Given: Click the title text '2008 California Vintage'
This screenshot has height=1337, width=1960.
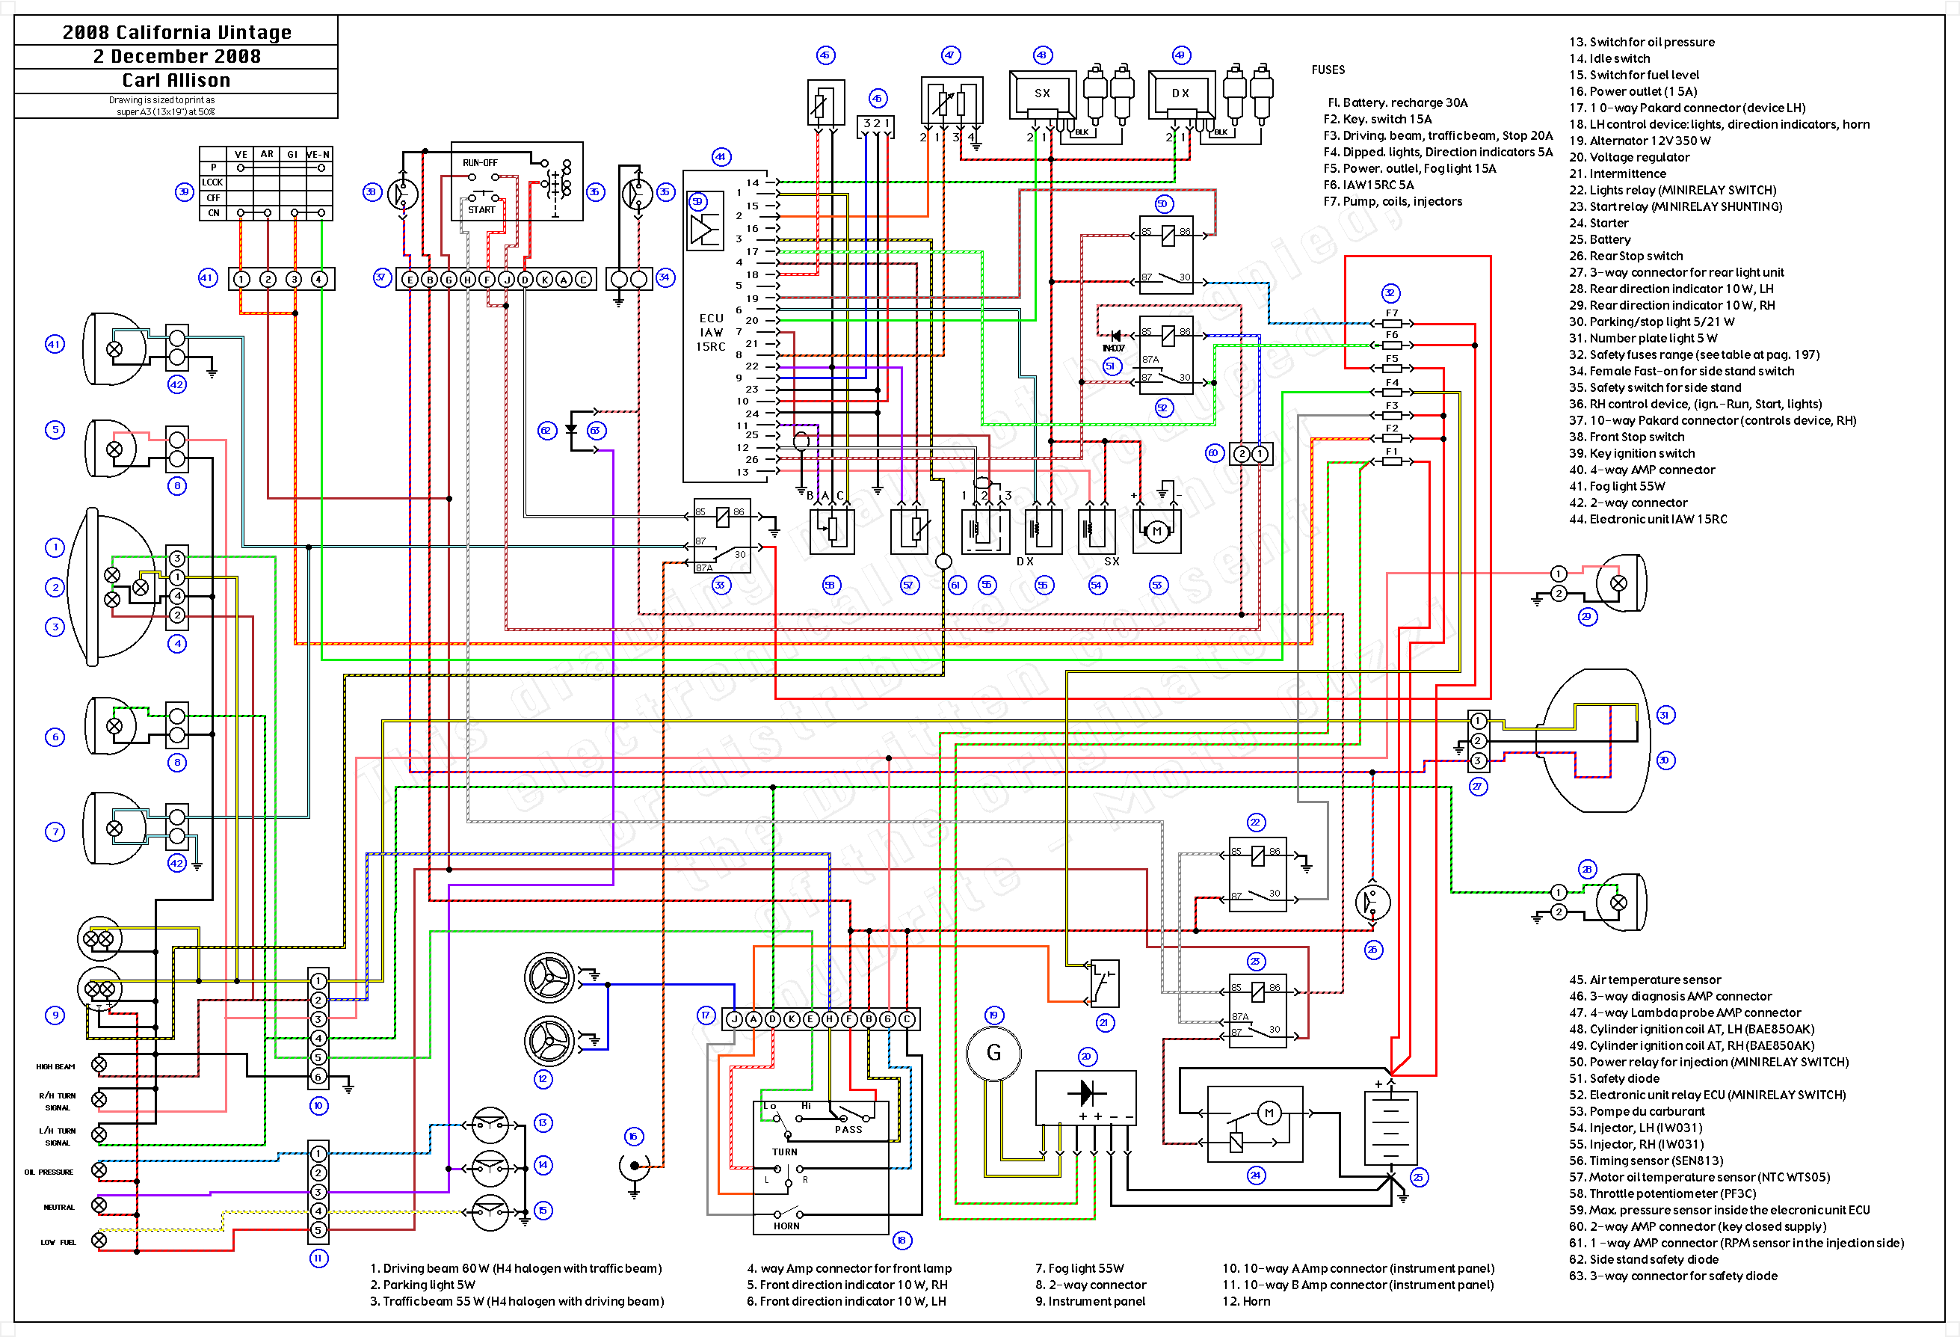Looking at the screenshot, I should (x=176, y=32).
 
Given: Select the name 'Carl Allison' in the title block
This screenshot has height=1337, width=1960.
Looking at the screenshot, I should (x=176, y=80).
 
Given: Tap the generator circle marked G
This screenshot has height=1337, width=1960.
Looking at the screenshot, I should (x=993, y=1053).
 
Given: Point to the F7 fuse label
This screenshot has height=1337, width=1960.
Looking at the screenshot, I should (x=1392, y=313).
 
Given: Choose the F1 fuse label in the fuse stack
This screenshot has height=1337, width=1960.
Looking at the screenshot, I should (x=1392, y=452).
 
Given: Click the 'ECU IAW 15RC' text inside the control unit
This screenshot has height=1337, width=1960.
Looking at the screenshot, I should (x=711, y=332).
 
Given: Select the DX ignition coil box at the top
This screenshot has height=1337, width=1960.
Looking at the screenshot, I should (x=1181, y=93).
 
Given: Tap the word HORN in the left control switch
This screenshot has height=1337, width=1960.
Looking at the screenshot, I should (x=786, y=1226).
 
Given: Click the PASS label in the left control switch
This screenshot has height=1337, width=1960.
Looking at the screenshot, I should (x=848, y=1129).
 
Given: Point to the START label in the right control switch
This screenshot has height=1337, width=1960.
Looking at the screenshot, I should (x=481, y=210).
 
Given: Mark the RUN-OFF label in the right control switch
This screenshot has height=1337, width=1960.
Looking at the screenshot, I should (x=480, y=163).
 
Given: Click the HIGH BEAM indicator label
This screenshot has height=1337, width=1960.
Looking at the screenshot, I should (x=55, y=1066).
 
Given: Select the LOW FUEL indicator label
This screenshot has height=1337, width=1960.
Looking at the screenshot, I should (x=58, y=1242).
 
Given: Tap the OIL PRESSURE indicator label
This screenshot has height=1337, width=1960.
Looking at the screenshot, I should (x=49, y=1172).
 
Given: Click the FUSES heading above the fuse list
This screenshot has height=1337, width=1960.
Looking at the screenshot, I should (x=1328, y=70).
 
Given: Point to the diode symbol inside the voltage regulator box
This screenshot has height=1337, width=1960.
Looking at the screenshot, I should (x=1086, y=1092).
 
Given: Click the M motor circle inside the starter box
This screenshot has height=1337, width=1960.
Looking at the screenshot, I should (x=1269, y=1113).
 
